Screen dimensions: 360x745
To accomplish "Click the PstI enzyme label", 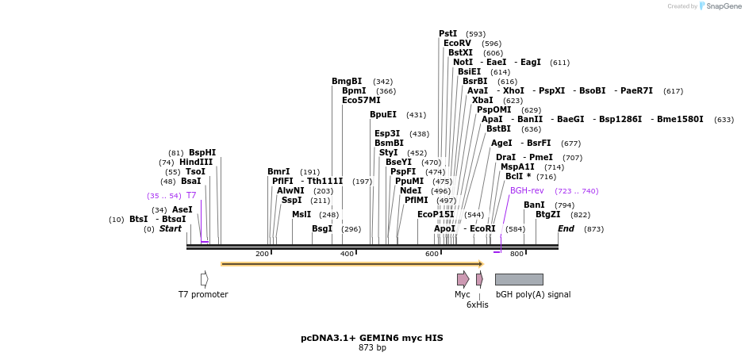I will point(447,33).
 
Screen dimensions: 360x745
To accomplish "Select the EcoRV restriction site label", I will point(457,43).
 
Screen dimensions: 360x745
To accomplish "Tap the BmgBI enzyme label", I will point(347,81).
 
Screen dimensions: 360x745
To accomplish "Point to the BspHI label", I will point(202,152).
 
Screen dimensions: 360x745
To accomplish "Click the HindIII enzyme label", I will point(196,162).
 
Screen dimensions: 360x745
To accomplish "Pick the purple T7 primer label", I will point(191,195).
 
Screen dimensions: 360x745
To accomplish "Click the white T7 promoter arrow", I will point(204,279).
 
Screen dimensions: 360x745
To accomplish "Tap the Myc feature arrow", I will point(463,279).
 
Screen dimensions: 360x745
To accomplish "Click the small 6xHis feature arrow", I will point(479,279).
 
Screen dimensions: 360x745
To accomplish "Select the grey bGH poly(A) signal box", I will point(519,279).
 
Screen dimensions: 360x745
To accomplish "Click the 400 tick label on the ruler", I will point(348,254).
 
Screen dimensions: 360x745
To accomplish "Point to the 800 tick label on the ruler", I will point(517,254).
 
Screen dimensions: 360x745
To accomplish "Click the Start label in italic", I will point(171,228).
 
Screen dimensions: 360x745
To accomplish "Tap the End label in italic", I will point(566,228).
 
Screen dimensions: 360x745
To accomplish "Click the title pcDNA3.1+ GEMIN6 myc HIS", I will point(372,338).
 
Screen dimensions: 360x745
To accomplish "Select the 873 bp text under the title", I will point(372,347).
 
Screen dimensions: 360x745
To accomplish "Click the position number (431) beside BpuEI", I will point(416,115).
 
